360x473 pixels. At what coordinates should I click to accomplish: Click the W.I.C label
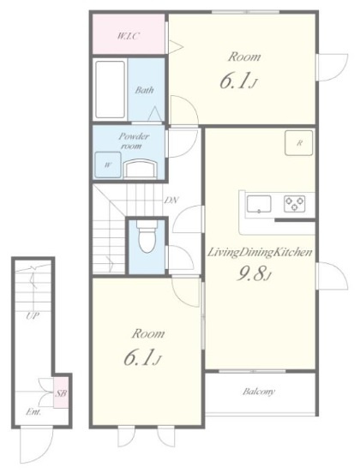pyautogui.click(x=128, y=37)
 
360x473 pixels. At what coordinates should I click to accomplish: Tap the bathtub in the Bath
pyautogui.click(x=110, y=90)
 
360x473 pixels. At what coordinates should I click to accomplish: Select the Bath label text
pyautogui.click(x=144, y=90)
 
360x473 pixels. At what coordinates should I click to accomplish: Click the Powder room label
pyautogui.click(x=133, y=141)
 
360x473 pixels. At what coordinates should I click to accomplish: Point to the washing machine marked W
pyautogui.click(x=108, y=165)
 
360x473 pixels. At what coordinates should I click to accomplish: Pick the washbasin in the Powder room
pyautogui.click(x=141, y=169)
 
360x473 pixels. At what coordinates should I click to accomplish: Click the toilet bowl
pyautogui.click(x=146, y=236)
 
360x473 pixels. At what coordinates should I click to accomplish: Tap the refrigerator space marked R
pyautogui.click(x=299, y=143)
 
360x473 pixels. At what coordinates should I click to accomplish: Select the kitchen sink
pyautogui.click(x=259, y=204)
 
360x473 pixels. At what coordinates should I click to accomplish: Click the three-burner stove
pyautogui.click(x=294, y=204)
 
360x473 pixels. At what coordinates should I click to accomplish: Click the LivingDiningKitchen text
pyautogui.click(x=260, y=253)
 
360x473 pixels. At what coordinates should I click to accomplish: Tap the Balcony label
pyautogui.click(x=259, y=392)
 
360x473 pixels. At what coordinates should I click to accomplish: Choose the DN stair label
pyautogui.click(x=171, y=200)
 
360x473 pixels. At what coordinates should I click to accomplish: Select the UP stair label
pyautogui.click(x=33, y=316)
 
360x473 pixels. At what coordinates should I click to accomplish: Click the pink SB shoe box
pyautogui.click(x=61, y=392)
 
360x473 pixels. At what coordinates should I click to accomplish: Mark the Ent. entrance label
pyautogui.click(x=33, y=411)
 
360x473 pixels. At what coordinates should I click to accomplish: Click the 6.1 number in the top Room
pyautogui.click(x=235, y=81)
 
